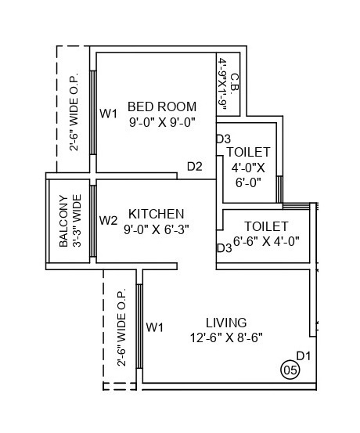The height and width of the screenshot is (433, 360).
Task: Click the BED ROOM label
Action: tap(161, 106)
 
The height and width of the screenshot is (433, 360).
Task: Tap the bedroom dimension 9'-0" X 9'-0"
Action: tap(161, 122)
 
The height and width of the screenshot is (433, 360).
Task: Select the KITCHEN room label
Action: tap(157, 214)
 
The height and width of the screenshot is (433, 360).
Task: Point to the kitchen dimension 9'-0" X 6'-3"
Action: tap(157, 229)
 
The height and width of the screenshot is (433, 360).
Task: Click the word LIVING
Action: tap(226, 323)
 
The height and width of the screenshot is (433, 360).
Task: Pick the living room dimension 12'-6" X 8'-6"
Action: tap(226, 337)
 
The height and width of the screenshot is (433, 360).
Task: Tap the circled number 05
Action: tap(290, 369)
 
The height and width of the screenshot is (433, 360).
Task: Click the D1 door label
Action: tap(304, 355)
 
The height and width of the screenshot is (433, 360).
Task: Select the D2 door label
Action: tap(195, 166)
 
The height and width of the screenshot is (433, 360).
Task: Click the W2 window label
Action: tap(108, 220)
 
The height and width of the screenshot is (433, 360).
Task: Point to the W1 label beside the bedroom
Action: tap(108, 114)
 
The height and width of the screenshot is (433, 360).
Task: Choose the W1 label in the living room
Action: tap(154, 326)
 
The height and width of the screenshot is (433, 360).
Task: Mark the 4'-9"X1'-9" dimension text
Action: tap(223, 85)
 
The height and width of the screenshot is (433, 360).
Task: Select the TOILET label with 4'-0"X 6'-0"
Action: tap(248, 151)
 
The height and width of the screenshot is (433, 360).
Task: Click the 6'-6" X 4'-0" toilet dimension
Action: tap(266, 240)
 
